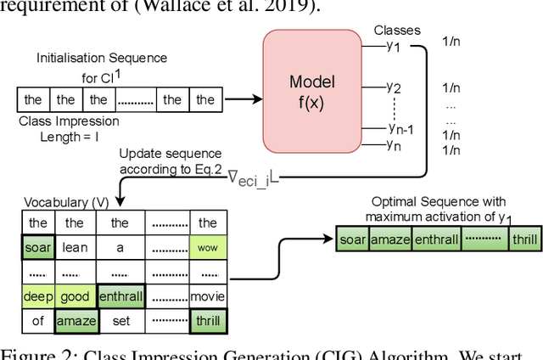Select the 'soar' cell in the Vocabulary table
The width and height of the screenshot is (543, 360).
pos(36,248)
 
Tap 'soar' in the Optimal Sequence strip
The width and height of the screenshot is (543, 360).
pos(353,240)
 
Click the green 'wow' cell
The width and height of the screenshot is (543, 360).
pos(207,248)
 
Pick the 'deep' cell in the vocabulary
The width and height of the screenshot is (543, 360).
pos(36,296)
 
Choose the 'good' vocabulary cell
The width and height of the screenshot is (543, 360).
pos(76,296)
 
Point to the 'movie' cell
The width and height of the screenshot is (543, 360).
pos(207,296)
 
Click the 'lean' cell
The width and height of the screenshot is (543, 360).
pos(76,248)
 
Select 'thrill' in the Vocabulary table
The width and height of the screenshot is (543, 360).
pos(207,320)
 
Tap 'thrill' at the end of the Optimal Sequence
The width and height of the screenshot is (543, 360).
pos(523,240)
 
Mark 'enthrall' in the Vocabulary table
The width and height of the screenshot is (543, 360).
pos(120,296)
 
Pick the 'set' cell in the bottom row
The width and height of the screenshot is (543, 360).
pos(120,320)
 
